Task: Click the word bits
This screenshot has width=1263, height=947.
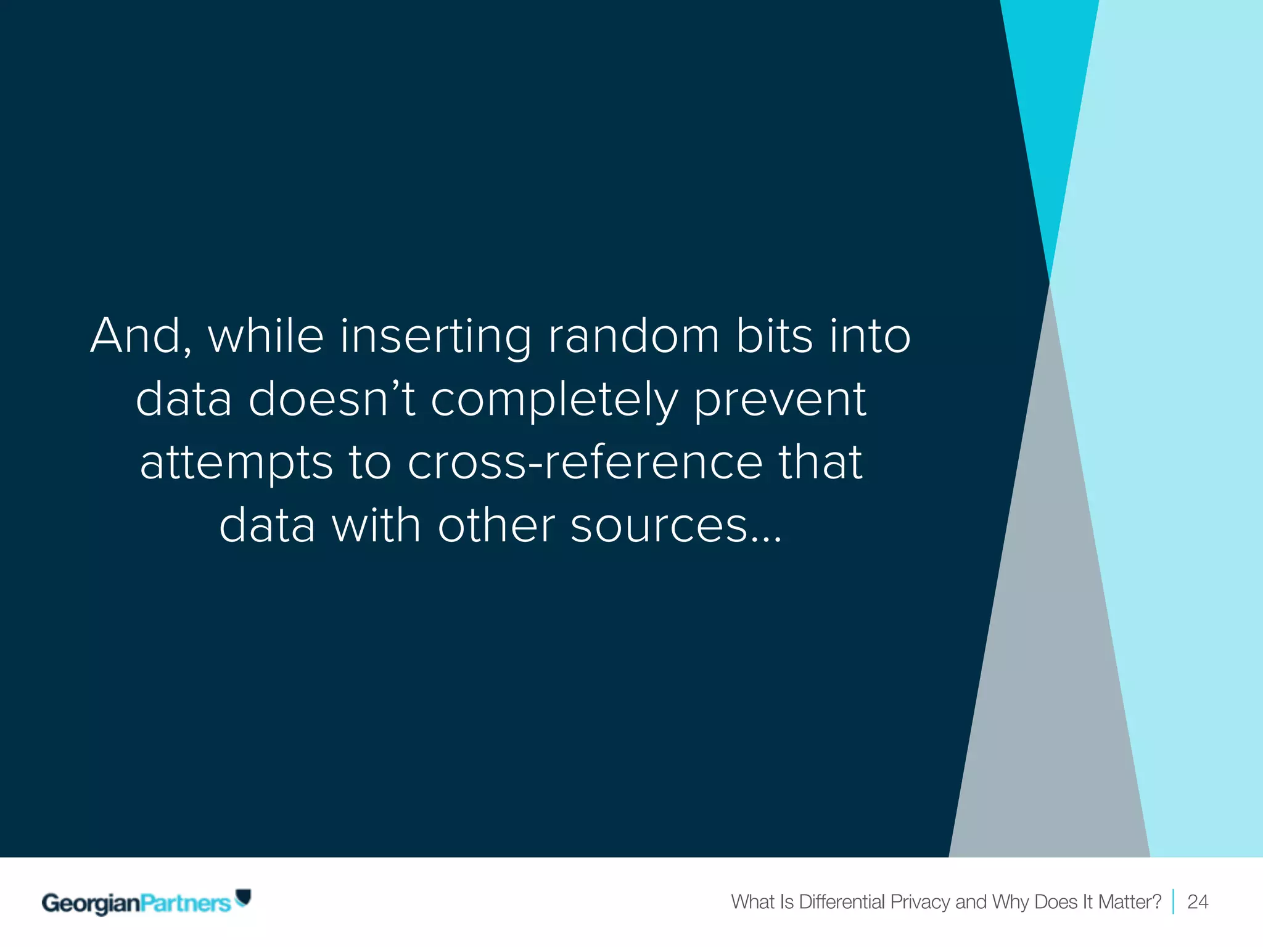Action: [774, 336]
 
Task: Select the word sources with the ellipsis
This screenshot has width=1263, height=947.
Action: [676, 526]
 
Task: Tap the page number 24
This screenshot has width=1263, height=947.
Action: [1197, 902]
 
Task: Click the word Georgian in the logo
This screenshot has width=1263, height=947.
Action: [91, 903]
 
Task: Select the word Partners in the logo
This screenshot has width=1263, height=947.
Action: [185, 903]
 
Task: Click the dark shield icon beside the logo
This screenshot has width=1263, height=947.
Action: [244, 897]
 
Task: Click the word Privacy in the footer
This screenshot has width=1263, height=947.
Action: [919, 902]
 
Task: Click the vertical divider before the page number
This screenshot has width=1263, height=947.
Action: [1173, 902]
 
